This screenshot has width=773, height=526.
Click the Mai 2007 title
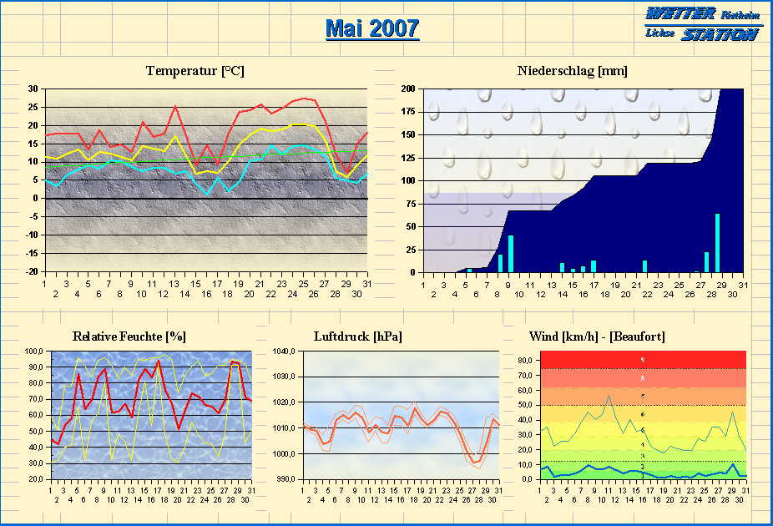(371, 29)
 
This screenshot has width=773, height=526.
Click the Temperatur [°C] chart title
(195, 71)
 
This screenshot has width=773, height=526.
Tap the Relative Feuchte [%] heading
(129, 336)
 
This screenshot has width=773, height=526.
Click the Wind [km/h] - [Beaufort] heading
(597, 336)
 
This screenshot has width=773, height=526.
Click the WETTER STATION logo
(703, 23)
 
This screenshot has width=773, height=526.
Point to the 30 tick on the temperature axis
(33, 89)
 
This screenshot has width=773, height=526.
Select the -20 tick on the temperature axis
(32, 272)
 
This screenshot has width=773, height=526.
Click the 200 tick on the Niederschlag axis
(409, 89)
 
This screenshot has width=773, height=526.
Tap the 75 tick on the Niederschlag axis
(411, 204)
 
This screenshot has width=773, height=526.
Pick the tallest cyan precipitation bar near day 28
(717, 243)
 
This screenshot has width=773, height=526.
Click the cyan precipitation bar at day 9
(511, 254)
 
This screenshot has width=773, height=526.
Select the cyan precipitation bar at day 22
(644, 266)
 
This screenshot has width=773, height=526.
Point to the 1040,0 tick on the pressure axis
(285, 352)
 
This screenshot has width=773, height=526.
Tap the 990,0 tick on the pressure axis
(287, 479)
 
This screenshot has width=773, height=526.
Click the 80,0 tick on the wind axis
(525, 360)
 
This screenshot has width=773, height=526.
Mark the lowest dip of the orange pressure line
(475, 462)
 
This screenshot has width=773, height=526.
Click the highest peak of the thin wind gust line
(609, 395)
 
